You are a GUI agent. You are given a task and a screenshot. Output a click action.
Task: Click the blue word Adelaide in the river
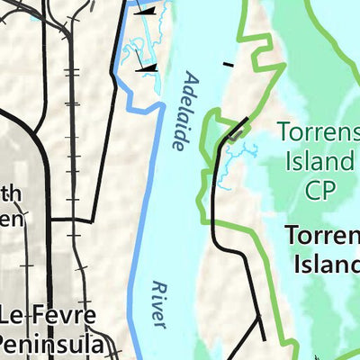(x=185, y=111)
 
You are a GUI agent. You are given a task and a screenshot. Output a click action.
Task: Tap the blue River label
(x=159, y=301)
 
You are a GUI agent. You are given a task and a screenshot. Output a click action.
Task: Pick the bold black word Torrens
(x=322, y=236)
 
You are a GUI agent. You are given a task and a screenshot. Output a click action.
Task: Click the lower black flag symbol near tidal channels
(x=144, y=66)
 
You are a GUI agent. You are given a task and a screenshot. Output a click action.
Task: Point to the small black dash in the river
(x=229, y=64)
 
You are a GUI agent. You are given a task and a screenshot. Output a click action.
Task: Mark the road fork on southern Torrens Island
(x=260, y=316)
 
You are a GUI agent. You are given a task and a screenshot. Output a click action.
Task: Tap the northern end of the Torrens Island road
(x=247, y=120)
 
